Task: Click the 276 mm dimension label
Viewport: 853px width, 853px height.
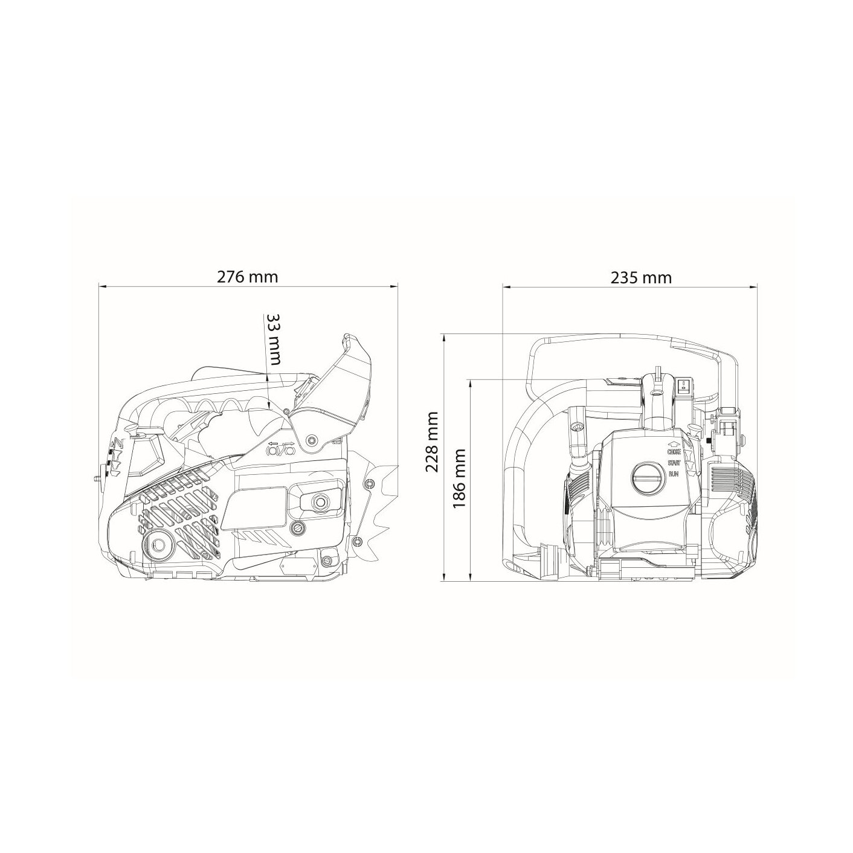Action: (x=247, y=277)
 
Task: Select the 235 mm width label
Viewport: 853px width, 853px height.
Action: (x=641, y=277)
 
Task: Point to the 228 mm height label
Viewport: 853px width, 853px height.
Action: (x=431, y=443)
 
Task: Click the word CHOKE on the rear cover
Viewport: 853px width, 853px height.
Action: (x=674, y=452)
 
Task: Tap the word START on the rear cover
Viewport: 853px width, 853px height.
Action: (x=674, y=463)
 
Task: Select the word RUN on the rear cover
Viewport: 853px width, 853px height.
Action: (x=674, y=474)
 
